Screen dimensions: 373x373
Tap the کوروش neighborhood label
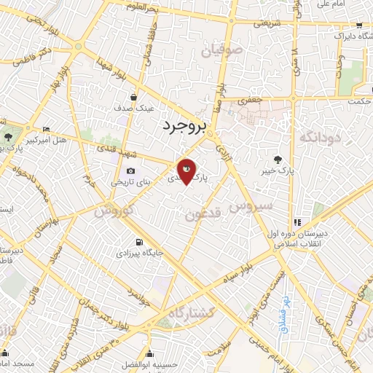[x=116, y=208]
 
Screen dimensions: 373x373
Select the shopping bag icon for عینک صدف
[x=133, y=96]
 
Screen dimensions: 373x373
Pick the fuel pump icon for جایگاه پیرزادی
[x=138, y=243]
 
